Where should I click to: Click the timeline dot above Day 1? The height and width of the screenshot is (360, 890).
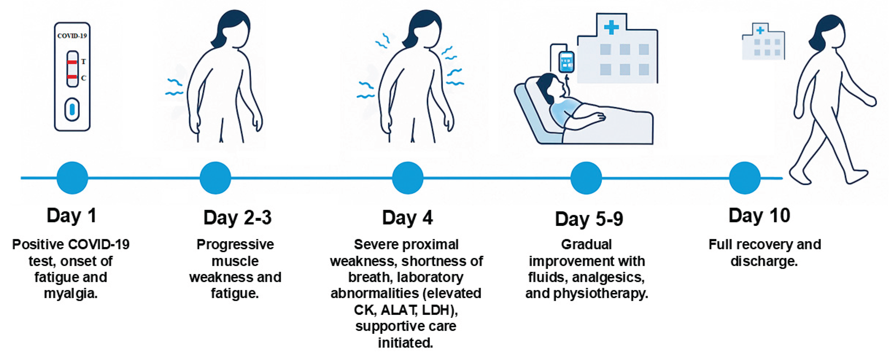[x=72, y=178]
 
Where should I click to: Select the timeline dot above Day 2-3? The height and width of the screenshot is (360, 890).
[x=215, y=178]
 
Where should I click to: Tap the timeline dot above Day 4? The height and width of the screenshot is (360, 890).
[x=408, y=178]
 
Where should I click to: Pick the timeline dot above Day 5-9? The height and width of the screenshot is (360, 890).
[x=586, y=178]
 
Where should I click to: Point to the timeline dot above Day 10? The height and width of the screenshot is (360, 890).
[x=745, y=178]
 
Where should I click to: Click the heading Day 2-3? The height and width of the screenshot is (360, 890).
[x=237, y=218]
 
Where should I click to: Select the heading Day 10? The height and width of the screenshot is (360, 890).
[x=759, y=216]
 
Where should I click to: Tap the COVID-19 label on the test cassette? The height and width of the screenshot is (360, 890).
[x=72, y=36]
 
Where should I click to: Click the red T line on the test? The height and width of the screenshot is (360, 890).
[x=72, y=62]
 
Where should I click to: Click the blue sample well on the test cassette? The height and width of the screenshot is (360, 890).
[x=72, y=110]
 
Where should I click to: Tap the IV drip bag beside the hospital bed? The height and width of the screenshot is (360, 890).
[x=566, y=62]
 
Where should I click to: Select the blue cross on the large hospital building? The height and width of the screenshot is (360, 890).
[x=611, y=27]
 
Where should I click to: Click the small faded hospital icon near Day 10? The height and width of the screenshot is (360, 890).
[x=763, y=42]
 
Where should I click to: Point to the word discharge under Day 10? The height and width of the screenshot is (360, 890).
[x=764, y=261]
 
